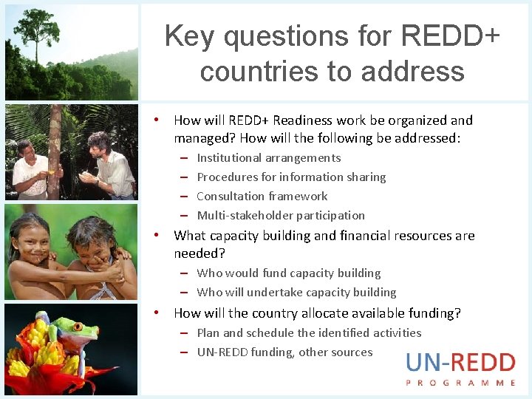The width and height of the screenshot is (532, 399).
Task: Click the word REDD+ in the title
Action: [451, 35]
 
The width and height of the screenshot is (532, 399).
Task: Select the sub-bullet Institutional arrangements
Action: [269, 158]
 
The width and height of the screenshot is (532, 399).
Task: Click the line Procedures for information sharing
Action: [291, 177]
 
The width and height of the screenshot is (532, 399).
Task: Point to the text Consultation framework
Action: [262, 197]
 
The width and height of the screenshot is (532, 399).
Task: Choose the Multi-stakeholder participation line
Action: [281, 216]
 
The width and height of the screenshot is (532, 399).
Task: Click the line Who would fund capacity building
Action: [289, 273]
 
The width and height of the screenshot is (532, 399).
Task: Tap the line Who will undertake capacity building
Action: [296, 293]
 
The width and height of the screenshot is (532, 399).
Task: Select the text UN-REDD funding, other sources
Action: [284, 352]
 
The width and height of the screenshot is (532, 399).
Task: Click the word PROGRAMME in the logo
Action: [460, 383]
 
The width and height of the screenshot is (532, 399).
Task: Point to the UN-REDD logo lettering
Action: [460, 363]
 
